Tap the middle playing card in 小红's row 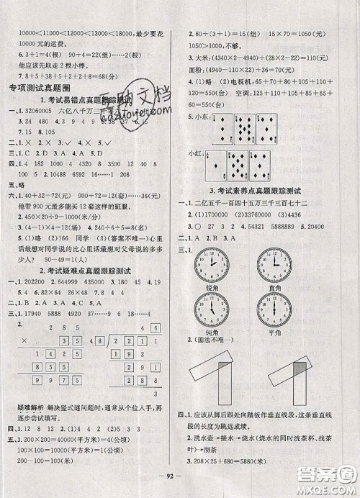click(239, 166)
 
